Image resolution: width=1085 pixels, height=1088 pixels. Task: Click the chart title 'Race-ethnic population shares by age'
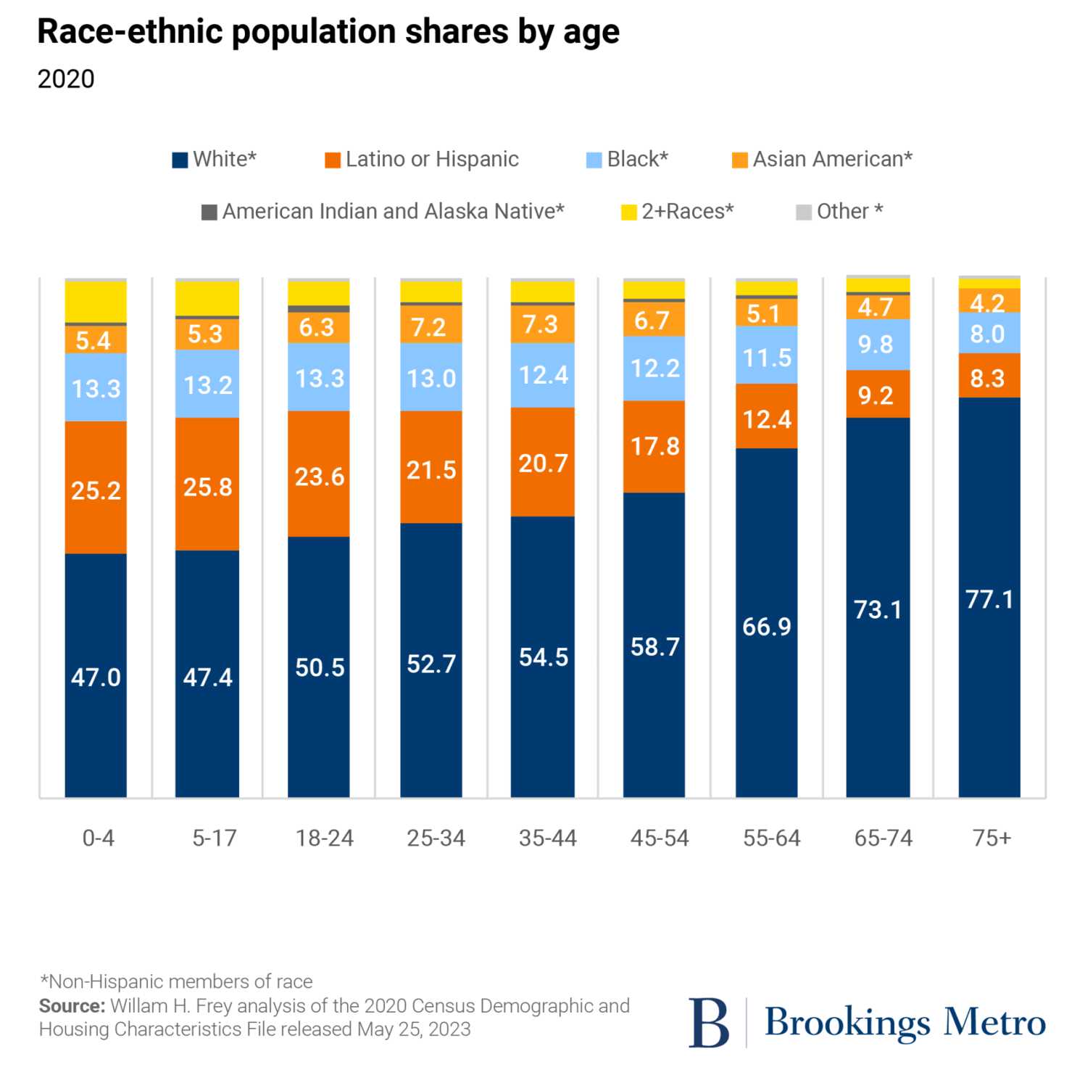tap(328, 32)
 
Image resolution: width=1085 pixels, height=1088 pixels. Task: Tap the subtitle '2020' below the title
tap(66, 79)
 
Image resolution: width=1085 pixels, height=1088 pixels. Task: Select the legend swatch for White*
tap(180, 160)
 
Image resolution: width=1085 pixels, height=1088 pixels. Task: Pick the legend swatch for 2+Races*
tap(629, 212)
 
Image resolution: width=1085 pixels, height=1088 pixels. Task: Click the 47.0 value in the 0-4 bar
tap(96, 677)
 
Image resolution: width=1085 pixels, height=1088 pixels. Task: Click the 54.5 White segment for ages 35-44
tap(543, 657)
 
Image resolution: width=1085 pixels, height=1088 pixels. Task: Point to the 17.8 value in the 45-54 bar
tap(654, 446)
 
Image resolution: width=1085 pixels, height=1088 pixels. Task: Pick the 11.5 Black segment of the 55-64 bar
tap(767, 358)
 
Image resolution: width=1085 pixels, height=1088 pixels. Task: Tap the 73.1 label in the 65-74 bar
tap(878, 609)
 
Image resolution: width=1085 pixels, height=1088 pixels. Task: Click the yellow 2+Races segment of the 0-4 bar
tap(96, 301)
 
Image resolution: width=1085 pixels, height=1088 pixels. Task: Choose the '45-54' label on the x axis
tap(660, 838)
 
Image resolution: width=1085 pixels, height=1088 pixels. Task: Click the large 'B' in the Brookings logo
tap(708, 1023)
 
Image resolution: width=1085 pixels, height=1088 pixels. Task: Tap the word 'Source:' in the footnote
tap(72, 1006)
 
